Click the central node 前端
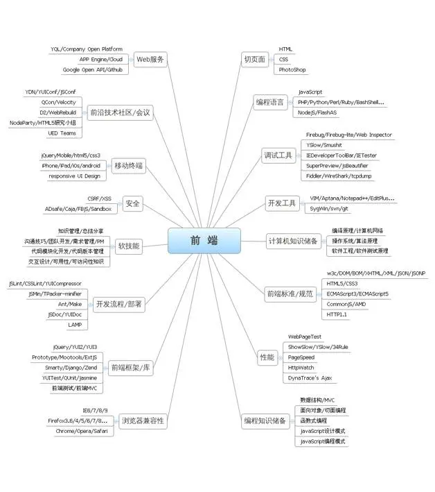[204, 240]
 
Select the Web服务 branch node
[150, 59]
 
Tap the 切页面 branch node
[254, 59]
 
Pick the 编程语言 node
[269, 102]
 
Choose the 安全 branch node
[132, 203]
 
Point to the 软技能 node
[129, 245]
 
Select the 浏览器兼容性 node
[143, 420]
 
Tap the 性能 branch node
[267, 357]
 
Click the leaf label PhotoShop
[292, 70]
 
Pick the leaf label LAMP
[74, 325]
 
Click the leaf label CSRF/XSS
[99, 198]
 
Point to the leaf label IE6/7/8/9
[95, 410]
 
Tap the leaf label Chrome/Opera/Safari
[82, 431]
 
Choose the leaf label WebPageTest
[305, 336]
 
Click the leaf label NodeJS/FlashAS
[317, 112]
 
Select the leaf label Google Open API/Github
[92, 70]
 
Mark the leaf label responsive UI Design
[74, 176]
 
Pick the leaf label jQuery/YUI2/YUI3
[75, 346]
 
